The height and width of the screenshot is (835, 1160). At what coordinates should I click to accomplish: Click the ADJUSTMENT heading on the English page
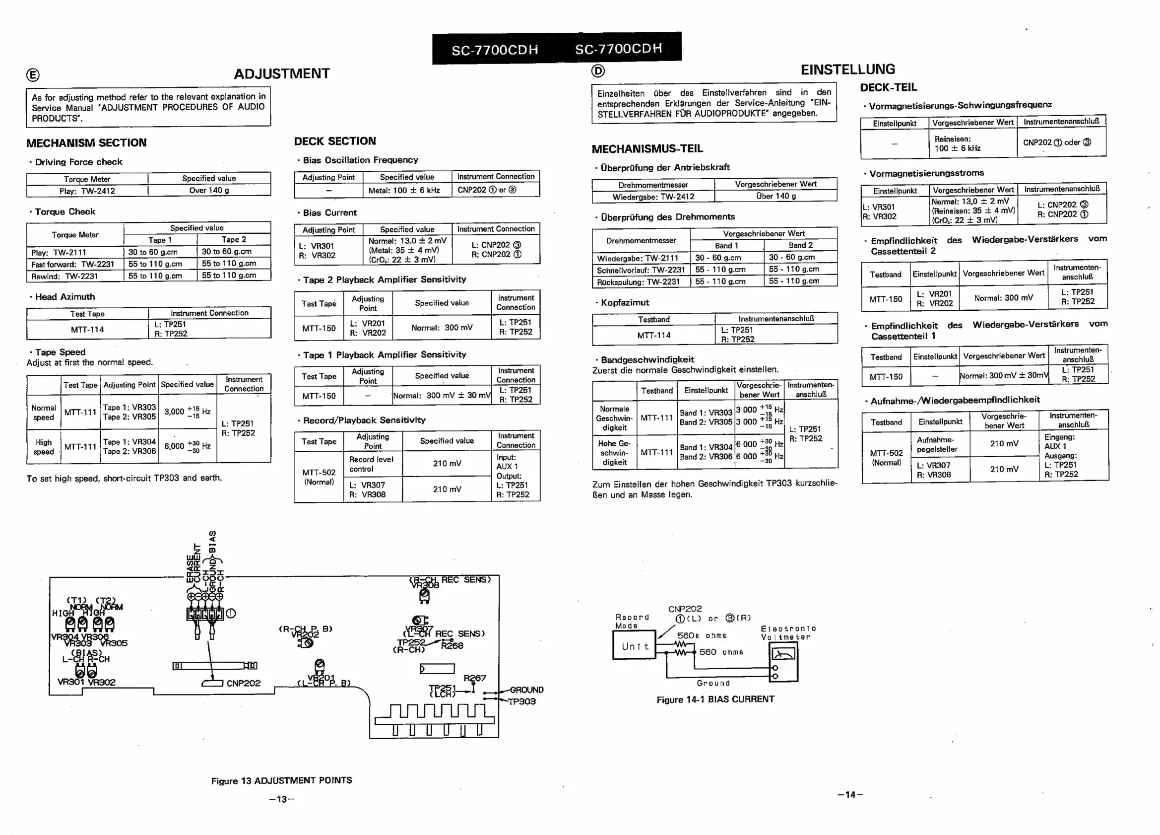tap(282, 73)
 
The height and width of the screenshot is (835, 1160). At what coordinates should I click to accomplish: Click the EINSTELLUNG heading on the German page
tap(847, 69)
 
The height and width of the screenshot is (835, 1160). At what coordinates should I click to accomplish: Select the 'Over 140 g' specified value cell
tap(209, 190)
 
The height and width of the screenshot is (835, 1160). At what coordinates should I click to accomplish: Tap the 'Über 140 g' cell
tap(775, 196)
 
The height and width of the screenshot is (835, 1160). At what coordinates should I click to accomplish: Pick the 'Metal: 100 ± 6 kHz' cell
tap(404, 190)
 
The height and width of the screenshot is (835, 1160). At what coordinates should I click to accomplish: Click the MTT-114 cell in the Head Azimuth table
tap(87, 330)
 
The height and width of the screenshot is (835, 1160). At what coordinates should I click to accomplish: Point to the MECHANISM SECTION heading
tap(86, 143)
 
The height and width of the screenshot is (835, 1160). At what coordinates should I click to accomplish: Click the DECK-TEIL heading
tap(889, 87)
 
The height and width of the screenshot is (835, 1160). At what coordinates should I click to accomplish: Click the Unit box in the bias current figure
tap(635, 646)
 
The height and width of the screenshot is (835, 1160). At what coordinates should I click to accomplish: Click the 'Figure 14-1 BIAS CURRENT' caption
tap(715, 699)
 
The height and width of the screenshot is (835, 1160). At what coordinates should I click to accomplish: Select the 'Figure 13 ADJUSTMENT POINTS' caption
tap(281, 780)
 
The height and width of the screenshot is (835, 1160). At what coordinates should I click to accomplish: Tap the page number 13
tap(282, 799)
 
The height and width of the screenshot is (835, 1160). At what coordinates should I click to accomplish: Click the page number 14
tap(850, 795)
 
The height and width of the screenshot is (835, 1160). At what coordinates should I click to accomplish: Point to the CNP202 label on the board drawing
tap(243, 683)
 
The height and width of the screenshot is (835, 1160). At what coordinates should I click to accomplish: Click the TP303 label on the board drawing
tap(521, 701)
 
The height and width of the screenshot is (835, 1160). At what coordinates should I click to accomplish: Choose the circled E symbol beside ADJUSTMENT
tap(33, 75)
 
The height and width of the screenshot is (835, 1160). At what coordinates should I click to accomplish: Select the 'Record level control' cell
tap(371, 464)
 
